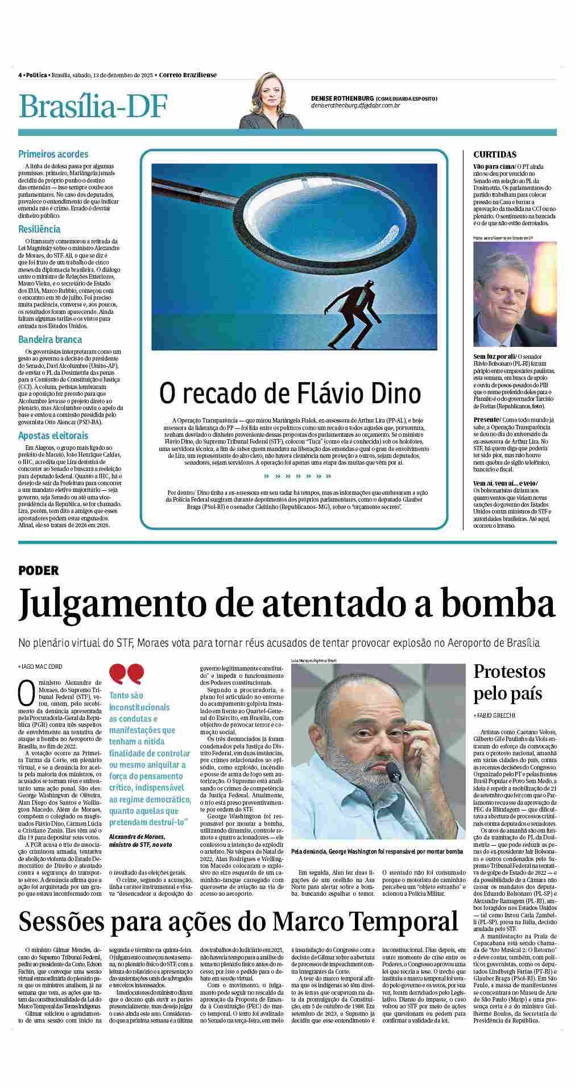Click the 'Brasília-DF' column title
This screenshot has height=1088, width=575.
click(x=94, y=107)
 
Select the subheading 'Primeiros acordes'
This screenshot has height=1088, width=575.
click(x=53, y=154)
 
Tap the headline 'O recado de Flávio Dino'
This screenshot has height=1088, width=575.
click(x=290, y=393)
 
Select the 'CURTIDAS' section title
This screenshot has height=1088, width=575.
click(x=495, y=154)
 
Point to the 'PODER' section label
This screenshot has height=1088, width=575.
click(x=38, y=570)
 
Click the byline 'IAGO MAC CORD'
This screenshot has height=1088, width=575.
click(x=42, y=666)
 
